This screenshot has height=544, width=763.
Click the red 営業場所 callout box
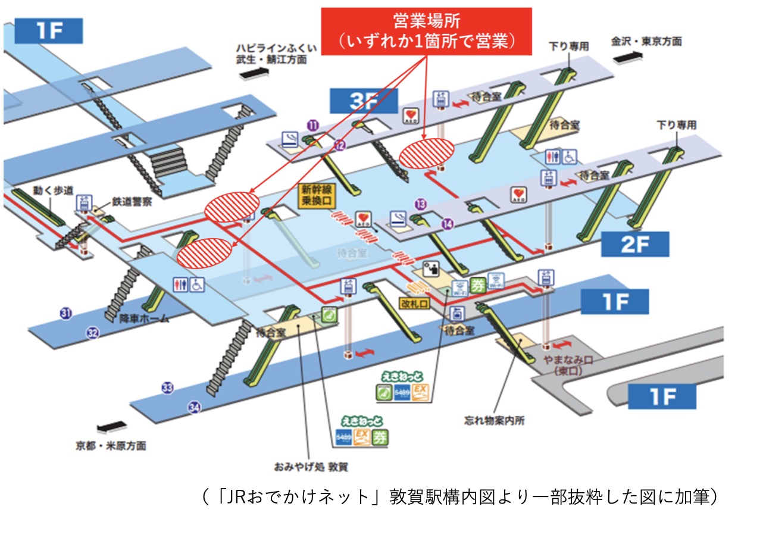426,32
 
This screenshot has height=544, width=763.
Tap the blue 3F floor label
364,101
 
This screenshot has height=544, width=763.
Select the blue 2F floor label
635,245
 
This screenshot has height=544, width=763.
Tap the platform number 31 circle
65,313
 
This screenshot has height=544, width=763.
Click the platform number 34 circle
194,408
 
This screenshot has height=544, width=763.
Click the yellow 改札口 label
414,303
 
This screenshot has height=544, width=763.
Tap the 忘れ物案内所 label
495,420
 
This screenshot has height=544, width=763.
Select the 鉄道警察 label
132,202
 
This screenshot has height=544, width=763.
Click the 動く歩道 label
53,190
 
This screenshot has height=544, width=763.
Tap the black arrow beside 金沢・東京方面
627,57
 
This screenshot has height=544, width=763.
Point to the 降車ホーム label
144,318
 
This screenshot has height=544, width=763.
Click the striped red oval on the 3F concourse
426,154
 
